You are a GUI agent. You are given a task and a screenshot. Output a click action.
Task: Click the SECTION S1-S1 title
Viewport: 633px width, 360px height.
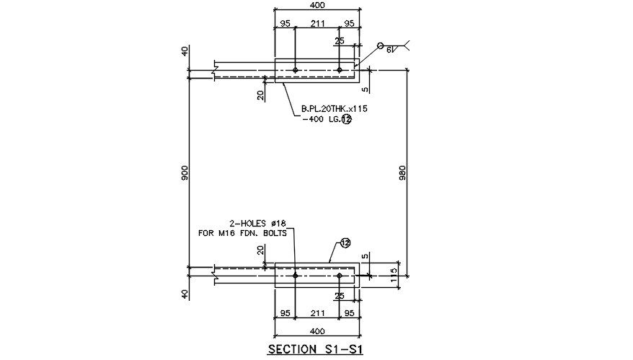point(314,350)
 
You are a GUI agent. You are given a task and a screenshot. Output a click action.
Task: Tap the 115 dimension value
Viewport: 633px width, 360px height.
point(394,277)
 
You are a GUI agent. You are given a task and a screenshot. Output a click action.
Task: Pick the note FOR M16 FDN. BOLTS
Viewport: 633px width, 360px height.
point(242,233)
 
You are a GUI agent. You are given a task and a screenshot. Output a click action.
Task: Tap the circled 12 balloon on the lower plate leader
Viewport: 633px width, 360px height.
point(345,244)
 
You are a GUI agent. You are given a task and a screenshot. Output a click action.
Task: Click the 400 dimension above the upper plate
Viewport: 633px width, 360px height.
point(316,5)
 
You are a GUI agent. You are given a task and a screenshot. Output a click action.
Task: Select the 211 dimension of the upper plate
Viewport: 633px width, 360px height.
point(316,24)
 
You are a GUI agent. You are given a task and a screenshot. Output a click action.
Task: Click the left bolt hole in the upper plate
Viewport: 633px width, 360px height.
point(296,70)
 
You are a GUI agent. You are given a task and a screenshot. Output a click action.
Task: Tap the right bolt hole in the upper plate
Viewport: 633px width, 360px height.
point(339,70)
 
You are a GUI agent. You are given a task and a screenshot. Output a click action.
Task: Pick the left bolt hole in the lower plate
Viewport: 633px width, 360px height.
point(296,276)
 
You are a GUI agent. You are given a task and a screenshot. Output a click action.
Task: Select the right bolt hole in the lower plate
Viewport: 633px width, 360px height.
point(339,276)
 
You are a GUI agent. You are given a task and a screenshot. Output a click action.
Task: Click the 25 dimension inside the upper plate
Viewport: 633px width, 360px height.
point(339,41)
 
